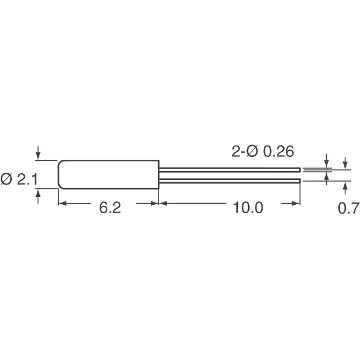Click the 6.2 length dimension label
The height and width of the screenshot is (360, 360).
110,208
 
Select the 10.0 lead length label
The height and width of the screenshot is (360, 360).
248,208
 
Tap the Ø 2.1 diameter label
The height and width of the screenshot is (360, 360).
19,179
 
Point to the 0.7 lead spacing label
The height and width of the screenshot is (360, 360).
349,208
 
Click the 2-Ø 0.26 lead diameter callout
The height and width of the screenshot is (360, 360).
263,151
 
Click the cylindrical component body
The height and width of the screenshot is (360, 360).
109,174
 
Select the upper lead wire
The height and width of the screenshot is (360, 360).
229,170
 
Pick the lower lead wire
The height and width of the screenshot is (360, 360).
229,181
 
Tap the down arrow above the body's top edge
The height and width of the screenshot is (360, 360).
38,153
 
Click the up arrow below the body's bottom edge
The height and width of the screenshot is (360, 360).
38,196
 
